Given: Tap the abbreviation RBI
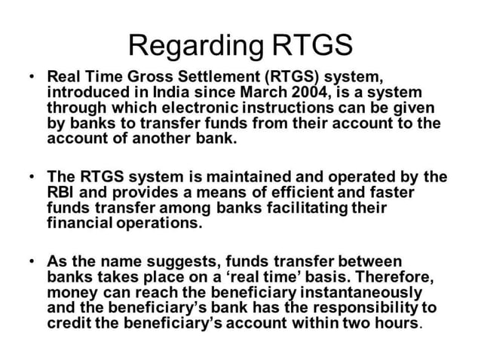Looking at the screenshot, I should pyautogui.click(x=60, y=192).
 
